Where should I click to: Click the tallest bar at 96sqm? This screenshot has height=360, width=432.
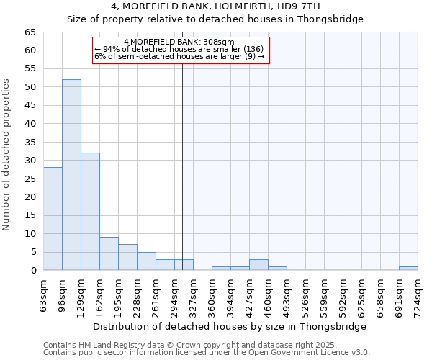point(71,175)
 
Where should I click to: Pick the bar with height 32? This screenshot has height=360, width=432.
point(90,212)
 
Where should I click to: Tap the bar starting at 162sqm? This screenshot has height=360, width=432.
point(109,253)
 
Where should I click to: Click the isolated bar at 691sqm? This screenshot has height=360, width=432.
point(408,269)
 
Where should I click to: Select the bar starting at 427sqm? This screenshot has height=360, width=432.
point(258,265)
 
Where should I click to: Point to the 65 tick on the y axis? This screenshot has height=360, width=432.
point(31,32)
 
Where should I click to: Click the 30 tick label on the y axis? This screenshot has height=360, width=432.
point(31,161)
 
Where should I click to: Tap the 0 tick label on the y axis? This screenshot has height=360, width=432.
point(34,271)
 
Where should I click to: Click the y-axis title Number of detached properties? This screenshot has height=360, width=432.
point(7,155)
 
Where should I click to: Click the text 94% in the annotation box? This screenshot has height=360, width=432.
point(112,50)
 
